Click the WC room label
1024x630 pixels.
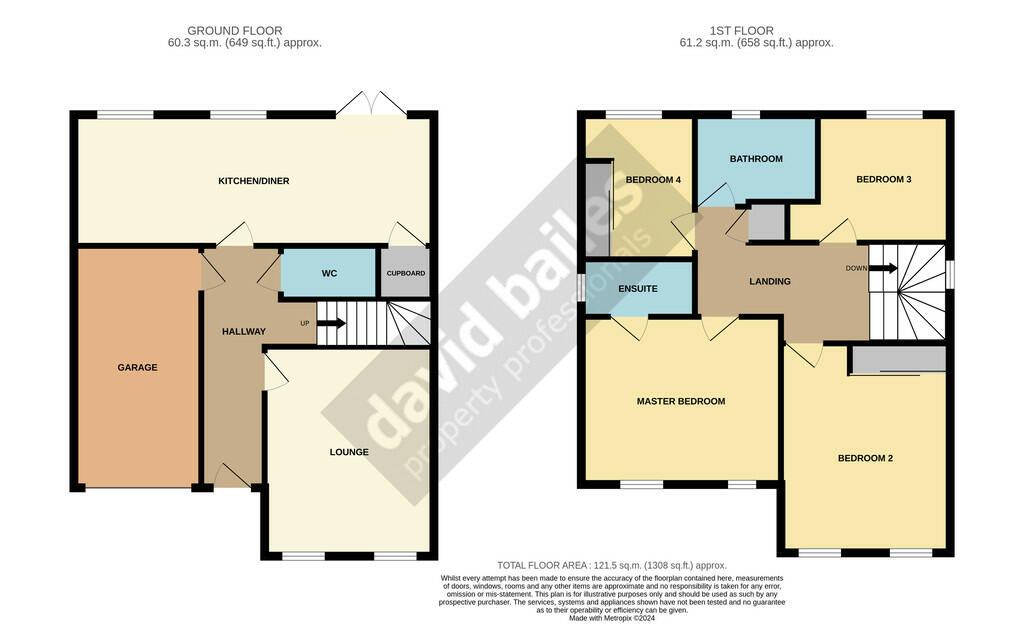coord(329,274)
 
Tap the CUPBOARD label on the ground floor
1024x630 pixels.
coord(406,274)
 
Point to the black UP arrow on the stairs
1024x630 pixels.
coord(331,323)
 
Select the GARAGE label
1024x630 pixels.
coord(137,368)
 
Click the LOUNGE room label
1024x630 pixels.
coord(349,452)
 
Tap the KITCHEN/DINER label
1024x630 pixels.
coord(253,181)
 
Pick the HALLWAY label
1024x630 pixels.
coord(244,332)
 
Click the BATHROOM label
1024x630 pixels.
coord(756,159)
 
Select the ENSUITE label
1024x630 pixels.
coord(637,289)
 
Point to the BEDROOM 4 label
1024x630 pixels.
coord(653,180)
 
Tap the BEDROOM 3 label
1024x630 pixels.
coord(884,179)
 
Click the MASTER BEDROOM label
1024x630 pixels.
coord(680,402)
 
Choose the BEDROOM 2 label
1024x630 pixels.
coord(865,458)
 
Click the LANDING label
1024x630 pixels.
coord(769,281)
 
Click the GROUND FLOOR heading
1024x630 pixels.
coord(234,31)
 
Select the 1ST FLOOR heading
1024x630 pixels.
coord(741,31)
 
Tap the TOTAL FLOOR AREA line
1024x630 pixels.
coord(611,565)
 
